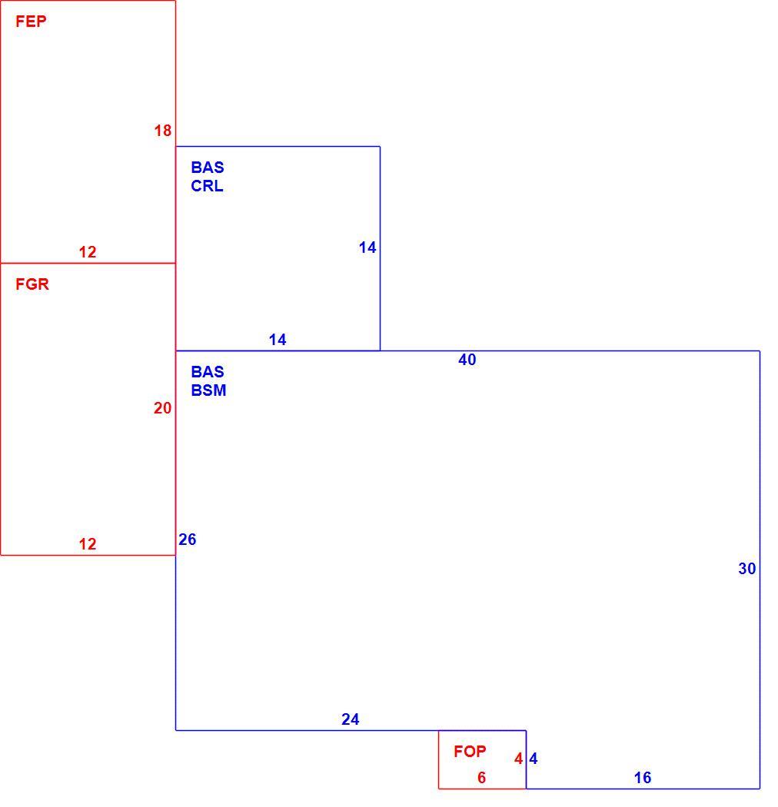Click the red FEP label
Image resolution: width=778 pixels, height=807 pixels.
click(x=31, y=22)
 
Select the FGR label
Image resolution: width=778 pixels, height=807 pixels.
click(x=32, y=284)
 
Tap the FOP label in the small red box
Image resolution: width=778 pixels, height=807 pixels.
click(x=470, y=752)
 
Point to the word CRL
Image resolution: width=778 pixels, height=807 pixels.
click(x=207, y=186)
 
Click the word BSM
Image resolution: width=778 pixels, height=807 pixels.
click(x=208, y=390)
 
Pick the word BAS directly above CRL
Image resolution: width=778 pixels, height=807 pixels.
click(x=208, y=168)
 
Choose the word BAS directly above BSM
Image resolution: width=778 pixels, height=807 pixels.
click(x=208, y=372)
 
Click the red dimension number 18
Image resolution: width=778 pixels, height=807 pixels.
click(x=163, y=131)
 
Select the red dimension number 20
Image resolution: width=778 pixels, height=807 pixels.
click(x=163, y=409)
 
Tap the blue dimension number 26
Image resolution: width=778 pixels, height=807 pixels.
click(x=188, y=540)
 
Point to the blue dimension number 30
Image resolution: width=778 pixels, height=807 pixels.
click(x=747, y=570)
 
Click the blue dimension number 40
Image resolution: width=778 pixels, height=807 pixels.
click(x=467, y=360)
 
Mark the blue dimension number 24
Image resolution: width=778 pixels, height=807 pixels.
click(x=350, y=719)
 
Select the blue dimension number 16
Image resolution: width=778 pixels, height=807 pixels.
click(x=643, y=778)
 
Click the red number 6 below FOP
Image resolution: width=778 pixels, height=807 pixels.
click(x=481, y=778)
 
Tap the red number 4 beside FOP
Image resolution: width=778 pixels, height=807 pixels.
click(x=518, y=759)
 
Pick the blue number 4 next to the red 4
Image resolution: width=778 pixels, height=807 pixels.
click(x=534, y=759)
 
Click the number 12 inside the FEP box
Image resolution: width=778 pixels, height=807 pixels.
click(x=88, y=252)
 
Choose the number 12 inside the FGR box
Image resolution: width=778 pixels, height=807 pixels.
click(x=88, y=544)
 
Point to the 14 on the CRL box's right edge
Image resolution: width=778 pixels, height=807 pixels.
click(x=367, y=248)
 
